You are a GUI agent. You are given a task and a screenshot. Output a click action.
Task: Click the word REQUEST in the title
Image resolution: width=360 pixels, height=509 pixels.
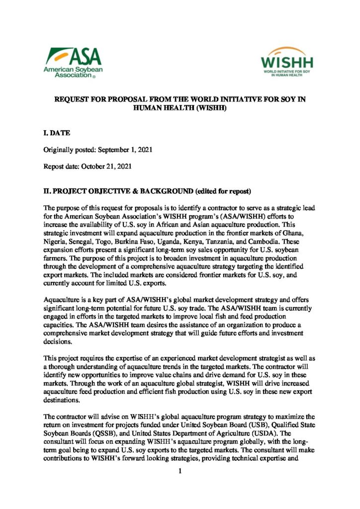(x=71, y=99)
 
